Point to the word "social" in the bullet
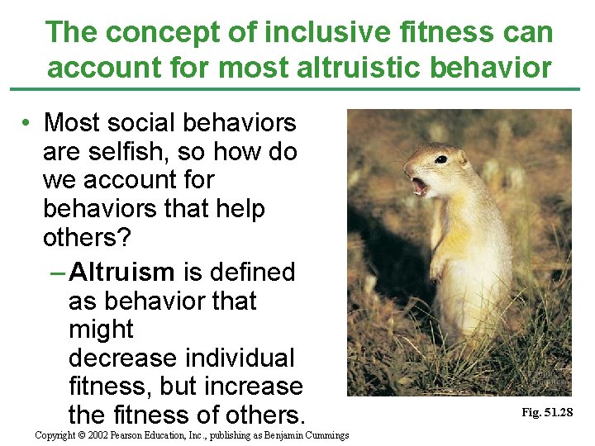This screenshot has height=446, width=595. (146, 123)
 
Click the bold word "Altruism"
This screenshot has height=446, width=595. (122, 272)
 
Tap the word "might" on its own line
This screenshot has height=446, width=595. (101, 330)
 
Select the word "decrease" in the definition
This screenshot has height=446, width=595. (122, 358)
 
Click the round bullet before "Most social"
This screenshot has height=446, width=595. (27, 124)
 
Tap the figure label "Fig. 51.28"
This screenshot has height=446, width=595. (547, 412)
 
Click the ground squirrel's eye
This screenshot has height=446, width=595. (441, 159)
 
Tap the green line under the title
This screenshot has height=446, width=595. (297, 89)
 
